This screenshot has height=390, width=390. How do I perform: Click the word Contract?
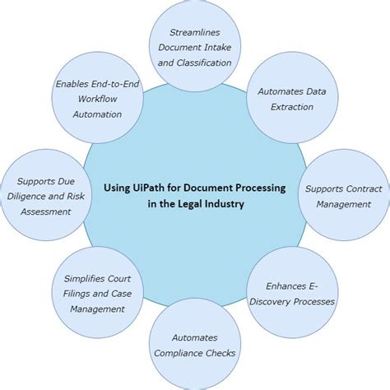click(x=362, y=188)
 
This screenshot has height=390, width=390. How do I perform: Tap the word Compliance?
click(x=194, y=353)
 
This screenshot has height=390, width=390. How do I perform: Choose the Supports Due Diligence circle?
click(x=44, y=196)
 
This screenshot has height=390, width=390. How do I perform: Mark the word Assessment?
click(x=48, y=211)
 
